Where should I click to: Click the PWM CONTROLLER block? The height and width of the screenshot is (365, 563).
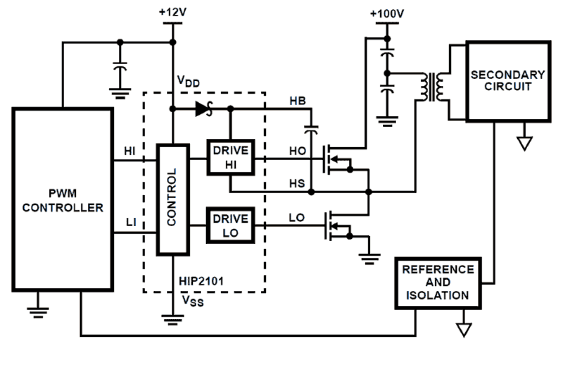pos(63,199)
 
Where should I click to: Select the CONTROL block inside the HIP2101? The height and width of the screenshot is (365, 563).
pos(173,200)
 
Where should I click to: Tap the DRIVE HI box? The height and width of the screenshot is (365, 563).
pos(230,158)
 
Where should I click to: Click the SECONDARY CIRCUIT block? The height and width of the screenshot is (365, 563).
pos(507,81)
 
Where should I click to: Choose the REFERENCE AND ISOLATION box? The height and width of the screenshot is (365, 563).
pos(438,283)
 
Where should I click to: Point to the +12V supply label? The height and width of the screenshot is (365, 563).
pos(172,12)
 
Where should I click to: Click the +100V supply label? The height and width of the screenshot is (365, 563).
pos(387,13)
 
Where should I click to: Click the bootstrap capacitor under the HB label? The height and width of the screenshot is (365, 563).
pos(312,130)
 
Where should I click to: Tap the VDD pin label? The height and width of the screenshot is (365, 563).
pos(188,82)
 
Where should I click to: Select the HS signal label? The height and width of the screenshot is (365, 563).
pos(297,184)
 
